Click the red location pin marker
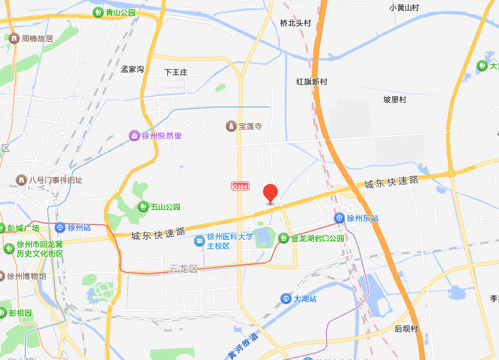pyautogui.click(x=270, y=193)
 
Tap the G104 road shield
pyautogui.click(x=240, y=187)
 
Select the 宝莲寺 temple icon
pyautogui.click(x=231, y=126)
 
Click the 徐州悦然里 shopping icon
pyautogui.click(x=134, y=135)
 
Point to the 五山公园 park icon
pyautogui.click(x=143, y=207)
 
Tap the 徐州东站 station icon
pyautogui.click(x=339, y=218)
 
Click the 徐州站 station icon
pyautogui.click(x=60, y=227)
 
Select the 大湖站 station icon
pyautogui.click(x=285, y=298)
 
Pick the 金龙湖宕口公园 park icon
pyautogui.click(x=283, y=238)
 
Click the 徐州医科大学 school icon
pyautogui.click(x=199, y=240)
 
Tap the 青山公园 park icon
pyautogui.click(x=98, y=12)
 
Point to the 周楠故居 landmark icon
pyautogui.click(x=13, y=39)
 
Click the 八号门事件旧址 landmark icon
pyautogui.click(x=21, y=180)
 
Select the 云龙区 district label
pyautogui.click(x=184, y=268)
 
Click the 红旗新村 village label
pyautogui.click(x=312, y=82)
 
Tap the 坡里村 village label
pyautogui.click(x=394, y=99)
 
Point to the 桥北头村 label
pyautogui.click(x=295, y=23)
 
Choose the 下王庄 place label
pyautogui.click(x=177, y=72)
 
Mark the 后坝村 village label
pyautogui.click(x=406, y=328)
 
